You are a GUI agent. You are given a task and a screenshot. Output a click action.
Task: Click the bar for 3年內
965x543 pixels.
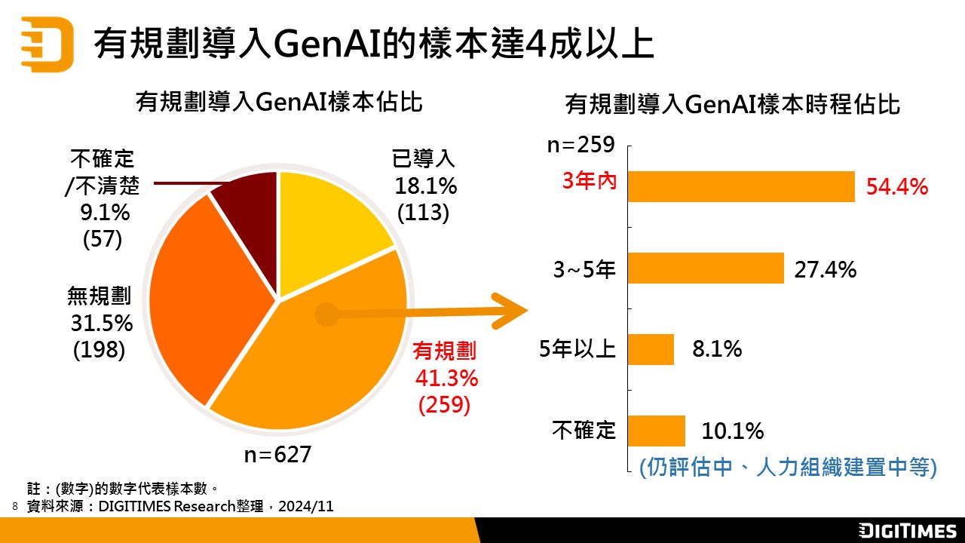[x=741, y=186]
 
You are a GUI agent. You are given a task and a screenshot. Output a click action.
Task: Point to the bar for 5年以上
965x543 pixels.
[x=651, y=349]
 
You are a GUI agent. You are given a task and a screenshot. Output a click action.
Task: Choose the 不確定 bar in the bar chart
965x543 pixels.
[x=656, y=431]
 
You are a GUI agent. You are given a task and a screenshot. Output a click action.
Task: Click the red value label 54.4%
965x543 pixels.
[x=896, y=187]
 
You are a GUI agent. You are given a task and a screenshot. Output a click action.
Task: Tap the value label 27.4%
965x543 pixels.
[x=825, y=269]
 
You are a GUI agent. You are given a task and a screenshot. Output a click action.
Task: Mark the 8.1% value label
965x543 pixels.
[x=717, y=349]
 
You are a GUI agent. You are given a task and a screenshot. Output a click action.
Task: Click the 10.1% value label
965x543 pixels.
[x=733, y=431]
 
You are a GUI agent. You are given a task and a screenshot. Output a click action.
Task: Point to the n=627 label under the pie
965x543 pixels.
[x=277, y=455]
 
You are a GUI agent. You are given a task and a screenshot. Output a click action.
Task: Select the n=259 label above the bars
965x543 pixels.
[x=581, y=145]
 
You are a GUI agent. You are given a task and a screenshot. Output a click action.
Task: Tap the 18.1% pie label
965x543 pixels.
[x=426, y=186]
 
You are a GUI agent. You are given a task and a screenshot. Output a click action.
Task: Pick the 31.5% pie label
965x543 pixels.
[x=102, y=323]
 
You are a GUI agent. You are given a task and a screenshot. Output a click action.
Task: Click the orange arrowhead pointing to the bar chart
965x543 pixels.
[x=513, y=311]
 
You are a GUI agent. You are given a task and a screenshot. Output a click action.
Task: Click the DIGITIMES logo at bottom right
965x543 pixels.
[x=907, y=530]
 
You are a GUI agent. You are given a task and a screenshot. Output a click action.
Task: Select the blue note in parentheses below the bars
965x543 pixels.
[x=787, y=467]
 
